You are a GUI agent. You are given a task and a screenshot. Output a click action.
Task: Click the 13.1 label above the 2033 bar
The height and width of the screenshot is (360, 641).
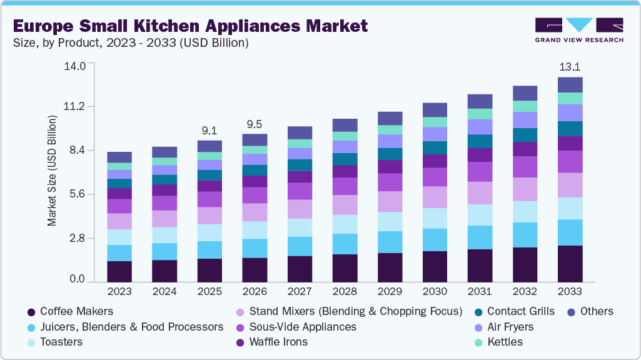(570, 66)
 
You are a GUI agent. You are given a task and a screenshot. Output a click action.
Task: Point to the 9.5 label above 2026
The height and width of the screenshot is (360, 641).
(255, 123)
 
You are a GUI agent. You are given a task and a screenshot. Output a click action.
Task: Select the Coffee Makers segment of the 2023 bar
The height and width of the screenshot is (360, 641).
(119, 271)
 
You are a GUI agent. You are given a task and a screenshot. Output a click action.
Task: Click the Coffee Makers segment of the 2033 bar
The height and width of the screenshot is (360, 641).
(570, 263)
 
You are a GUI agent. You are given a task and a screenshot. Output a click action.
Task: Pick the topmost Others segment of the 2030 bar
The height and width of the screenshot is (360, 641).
(435, 110)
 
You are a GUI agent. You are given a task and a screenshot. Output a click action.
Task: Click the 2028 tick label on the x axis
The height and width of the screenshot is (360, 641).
(345, 292)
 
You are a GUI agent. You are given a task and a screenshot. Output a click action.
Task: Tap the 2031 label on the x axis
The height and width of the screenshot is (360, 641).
(480, 292)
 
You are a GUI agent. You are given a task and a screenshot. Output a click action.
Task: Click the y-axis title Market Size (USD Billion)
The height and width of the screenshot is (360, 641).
(53, 170)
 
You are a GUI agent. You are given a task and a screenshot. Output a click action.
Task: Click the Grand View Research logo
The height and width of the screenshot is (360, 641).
(578, 29)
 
